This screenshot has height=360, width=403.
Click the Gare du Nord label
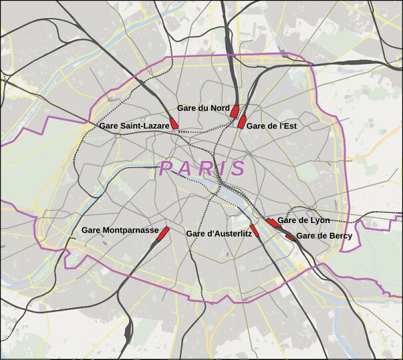(203, 108)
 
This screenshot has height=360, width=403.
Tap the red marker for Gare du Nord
(234, 110)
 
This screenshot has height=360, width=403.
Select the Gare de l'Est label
(271, 125)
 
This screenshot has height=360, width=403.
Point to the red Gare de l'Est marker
(241, 122)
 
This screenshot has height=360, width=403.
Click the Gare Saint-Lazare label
(134, 125)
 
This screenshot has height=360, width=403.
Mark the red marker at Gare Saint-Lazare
(174, 123)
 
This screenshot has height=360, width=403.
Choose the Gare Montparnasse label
(120, 230)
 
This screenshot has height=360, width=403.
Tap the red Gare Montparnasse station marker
(164, 232)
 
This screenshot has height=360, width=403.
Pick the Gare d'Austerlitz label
(218, 234)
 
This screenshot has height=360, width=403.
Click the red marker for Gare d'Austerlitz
(254, 230)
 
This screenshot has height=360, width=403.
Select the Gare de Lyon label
(303, 220)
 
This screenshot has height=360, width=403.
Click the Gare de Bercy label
(324, 236)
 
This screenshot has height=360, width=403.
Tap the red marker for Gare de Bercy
(290, 236)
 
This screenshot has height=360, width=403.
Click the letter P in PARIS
(167, 168)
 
